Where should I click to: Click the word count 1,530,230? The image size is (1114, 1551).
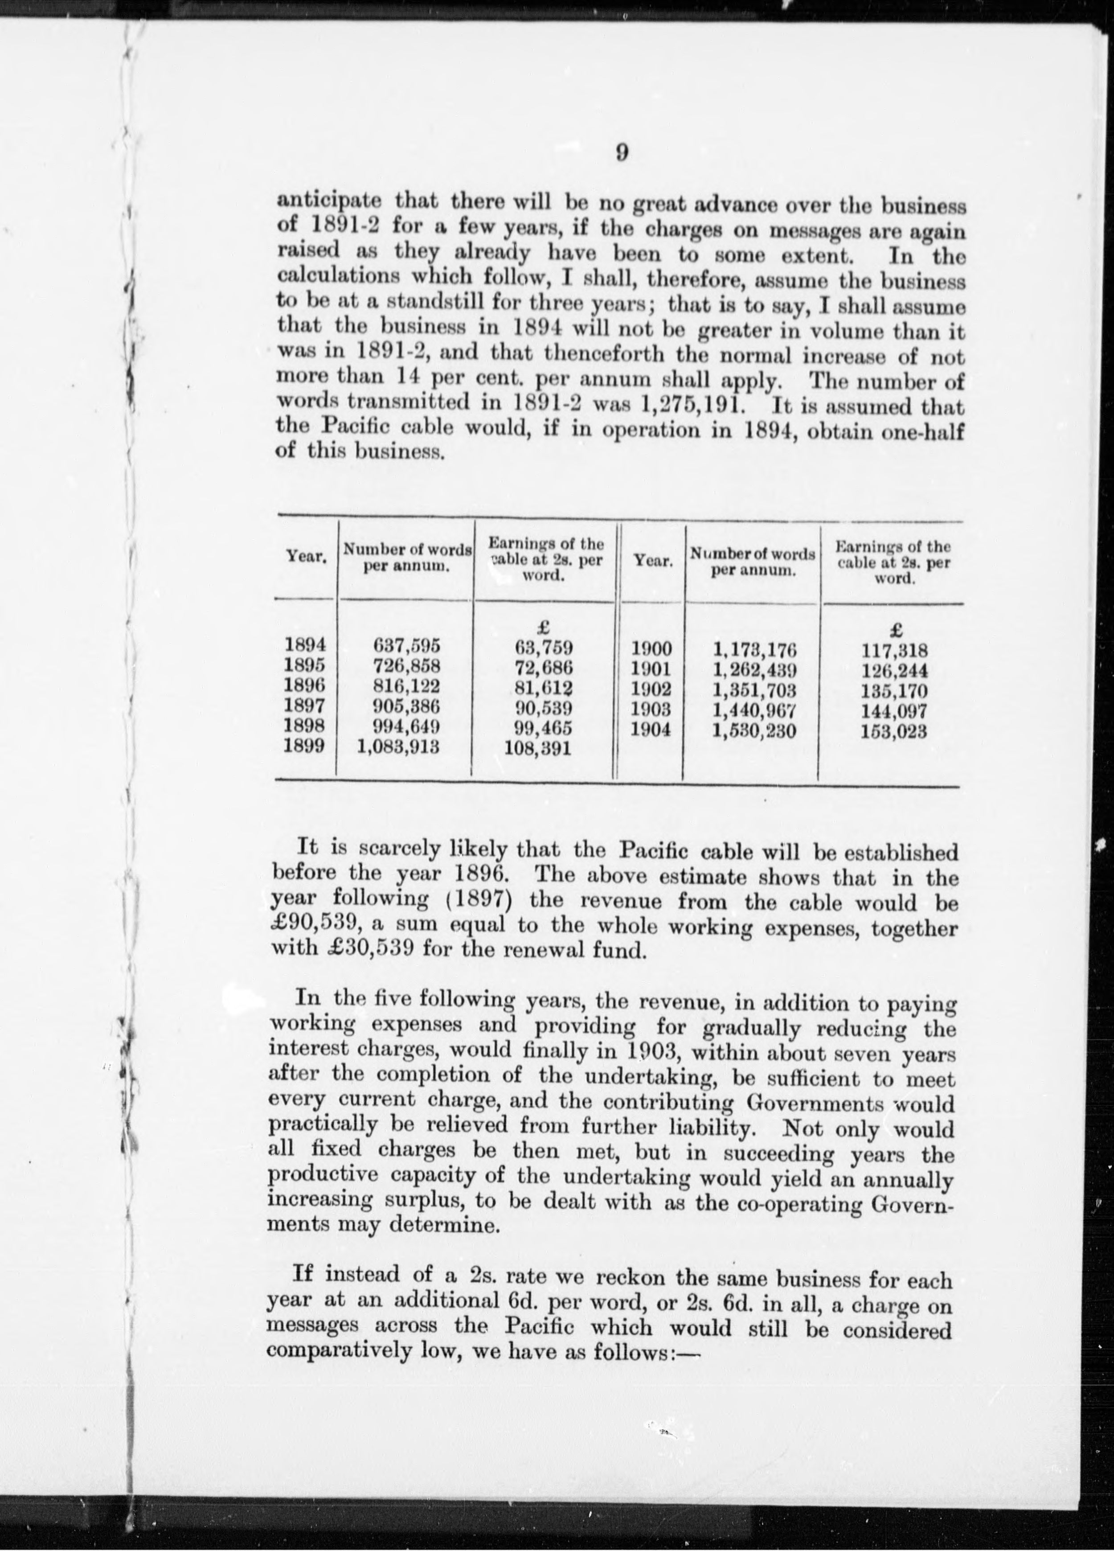(754, 731)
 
